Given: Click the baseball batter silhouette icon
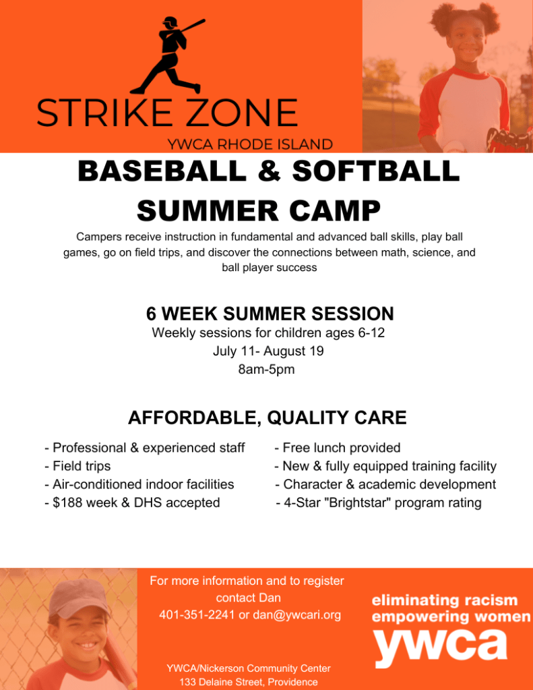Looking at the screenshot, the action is tap(169, 55).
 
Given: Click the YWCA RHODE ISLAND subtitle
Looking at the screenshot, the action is tap(250, 144).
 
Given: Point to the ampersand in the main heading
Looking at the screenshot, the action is tap(269, 171).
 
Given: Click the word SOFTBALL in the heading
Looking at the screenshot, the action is tap(376, 171).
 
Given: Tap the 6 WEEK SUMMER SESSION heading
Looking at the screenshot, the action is tap(270, 314).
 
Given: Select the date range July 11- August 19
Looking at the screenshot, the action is tap(268, 351).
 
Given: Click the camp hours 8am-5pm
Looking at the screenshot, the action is tap(267, 369).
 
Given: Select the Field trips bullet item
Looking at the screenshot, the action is tap(78, 467).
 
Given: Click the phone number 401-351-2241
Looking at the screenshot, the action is tap(197, 614).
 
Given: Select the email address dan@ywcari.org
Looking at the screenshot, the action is tap(297, 615).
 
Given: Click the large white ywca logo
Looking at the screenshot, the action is tap(440, 647).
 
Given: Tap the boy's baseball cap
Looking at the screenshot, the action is tap(79, 597).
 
